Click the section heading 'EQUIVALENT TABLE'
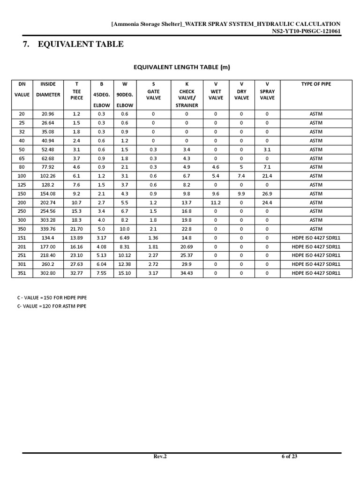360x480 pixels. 81,45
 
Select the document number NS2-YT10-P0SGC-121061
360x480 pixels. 306,31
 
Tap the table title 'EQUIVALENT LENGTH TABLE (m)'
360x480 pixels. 182,67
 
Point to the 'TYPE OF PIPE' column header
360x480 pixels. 316,84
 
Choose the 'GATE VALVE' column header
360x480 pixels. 153,95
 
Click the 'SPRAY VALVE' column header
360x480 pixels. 267,95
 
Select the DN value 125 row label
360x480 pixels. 22,185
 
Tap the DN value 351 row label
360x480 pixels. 22,273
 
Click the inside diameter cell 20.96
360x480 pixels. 48,114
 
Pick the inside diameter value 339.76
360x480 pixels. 48,229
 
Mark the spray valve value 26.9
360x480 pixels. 267,194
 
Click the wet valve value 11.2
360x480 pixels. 216,202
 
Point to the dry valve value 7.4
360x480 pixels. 241,176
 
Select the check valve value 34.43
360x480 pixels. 187,273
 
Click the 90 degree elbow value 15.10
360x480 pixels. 125,273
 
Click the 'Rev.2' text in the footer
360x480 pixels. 160,457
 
